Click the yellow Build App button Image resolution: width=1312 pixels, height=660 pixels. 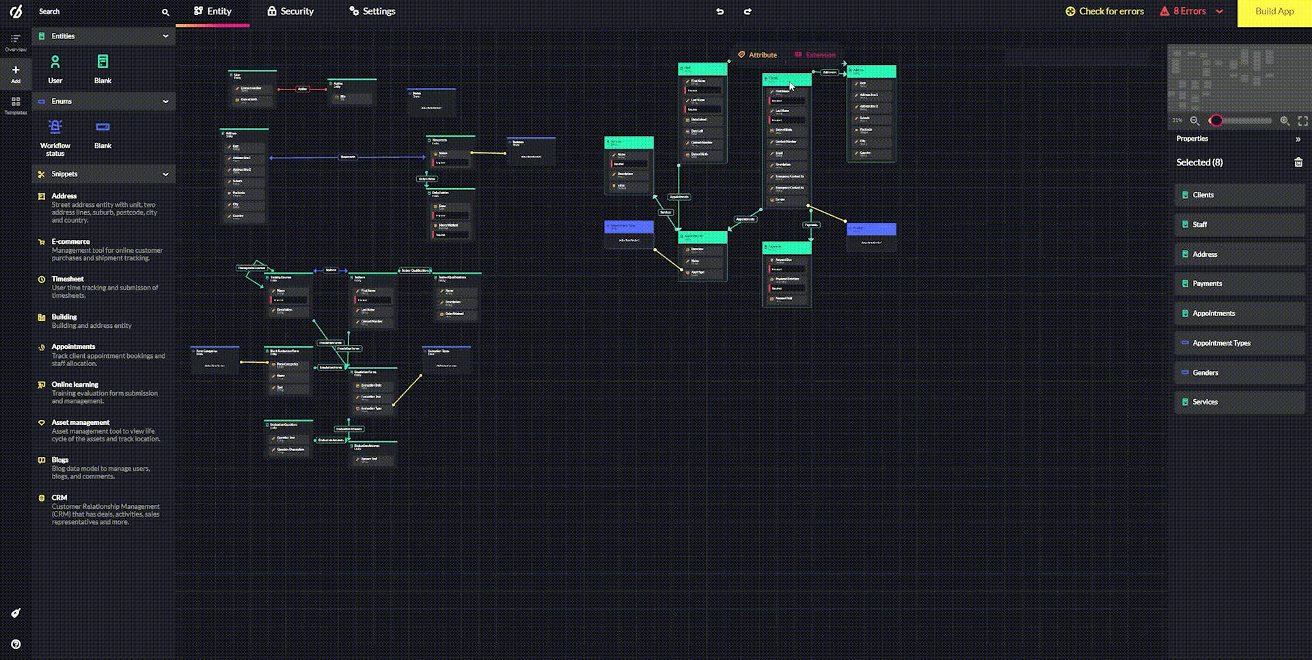tap(1274, 12)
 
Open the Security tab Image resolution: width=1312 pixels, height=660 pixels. tap(290, 12)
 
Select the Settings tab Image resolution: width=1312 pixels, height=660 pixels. tap(372, 12)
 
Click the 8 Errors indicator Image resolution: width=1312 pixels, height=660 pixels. tap(1190, 12)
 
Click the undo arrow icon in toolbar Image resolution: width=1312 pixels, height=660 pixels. tap(720, 12)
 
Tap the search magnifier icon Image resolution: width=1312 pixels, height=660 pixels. tap(165, 12)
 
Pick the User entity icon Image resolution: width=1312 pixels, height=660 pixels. tap(55, 63)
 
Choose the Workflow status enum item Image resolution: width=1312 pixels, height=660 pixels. tap(55, 128)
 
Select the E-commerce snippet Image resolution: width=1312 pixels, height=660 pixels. tap(71, 242)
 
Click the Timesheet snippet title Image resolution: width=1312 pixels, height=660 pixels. tap(68, 279)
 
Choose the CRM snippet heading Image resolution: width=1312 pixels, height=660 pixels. tap(59, 498)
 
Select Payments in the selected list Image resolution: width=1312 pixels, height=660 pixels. tap(1207, 284)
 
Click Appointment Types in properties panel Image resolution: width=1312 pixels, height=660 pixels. tap(1221, 343)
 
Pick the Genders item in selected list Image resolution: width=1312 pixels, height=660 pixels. tap(1205, 373)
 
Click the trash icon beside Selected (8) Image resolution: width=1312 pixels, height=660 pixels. tap(1298, 163)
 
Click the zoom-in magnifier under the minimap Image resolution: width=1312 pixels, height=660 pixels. tap(1285, 121)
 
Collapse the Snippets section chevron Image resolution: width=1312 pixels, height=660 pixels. tap(165, 174)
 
